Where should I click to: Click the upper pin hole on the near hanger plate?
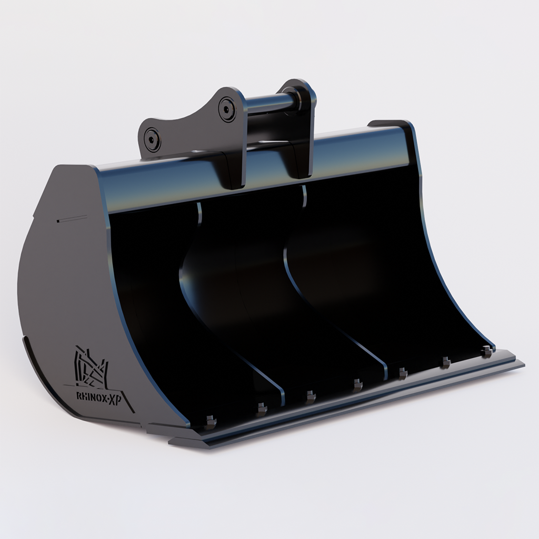(227, 109)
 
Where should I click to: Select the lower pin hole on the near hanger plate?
(152, 139)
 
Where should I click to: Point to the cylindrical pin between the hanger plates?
(271, 103)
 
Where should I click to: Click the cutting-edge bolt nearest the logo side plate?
(210, 422)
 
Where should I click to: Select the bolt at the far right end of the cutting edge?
(487, 351)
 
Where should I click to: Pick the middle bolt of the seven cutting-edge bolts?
(357, 385)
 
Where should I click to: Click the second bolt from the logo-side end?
(262, 408)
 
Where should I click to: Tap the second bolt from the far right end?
(445, 362)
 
